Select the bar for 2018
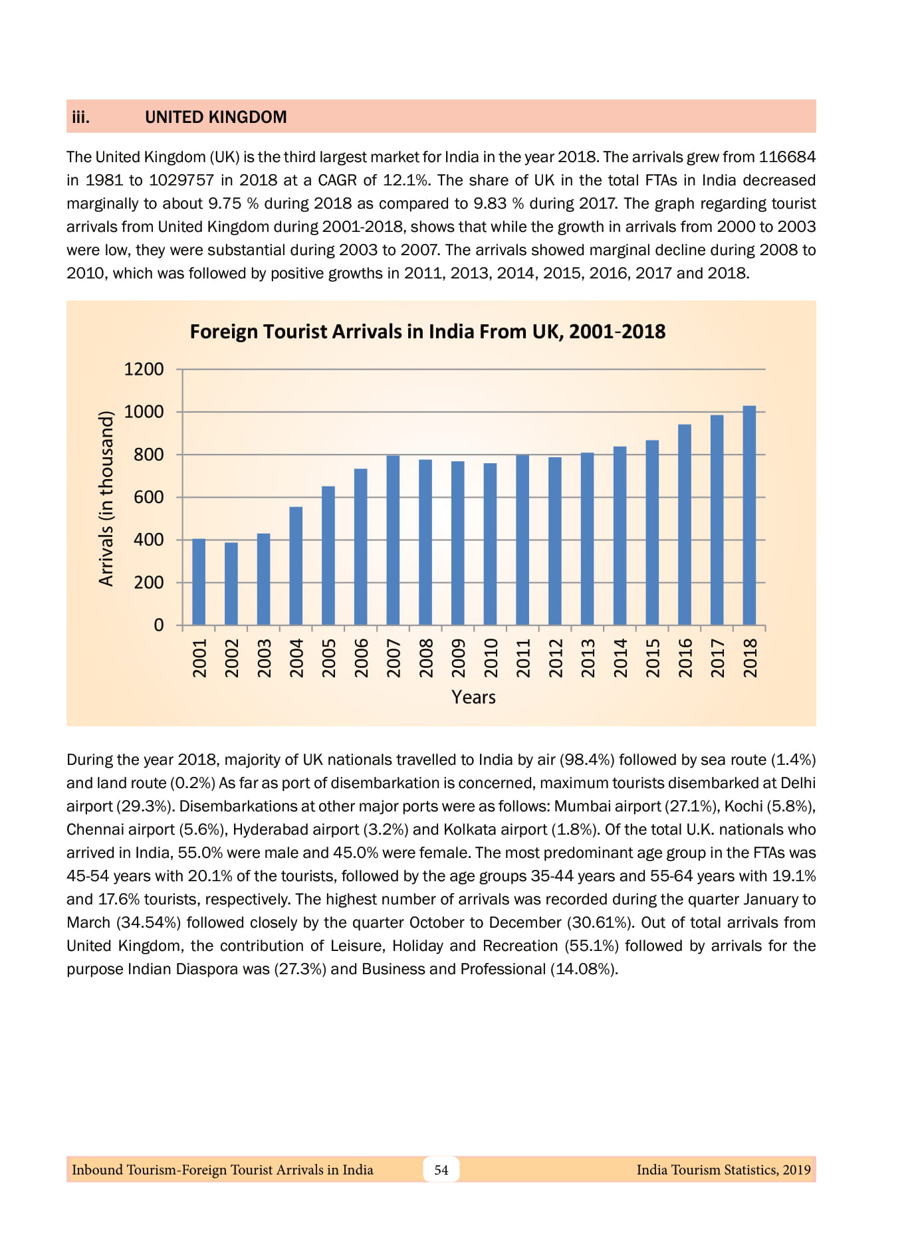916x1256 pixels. click(x=749, y=515)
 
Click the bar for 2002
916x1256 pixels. click(x=231, y=583)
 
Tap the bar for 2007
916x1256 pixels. click(x=393, y=540)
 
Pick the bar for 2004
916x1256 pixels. click(x=296, y=566)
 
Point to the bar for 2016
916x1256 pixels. click(x=685, y=524)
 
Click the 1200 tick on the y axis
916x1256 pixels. click(x=144, y=369)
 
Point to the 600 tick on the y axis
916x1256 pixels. click(x=148, y=497)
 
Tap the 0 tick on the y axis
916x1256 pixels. click(x=158, y=625)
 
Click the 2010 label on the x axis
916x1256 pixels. click(x=491, y=658)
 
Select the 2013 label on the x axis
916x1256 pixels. click(x=588, y=658)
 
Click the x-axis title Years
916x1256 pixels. click(x=473, y=697)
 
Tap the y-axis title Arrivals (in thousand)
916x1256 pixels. click(x=106, y=498)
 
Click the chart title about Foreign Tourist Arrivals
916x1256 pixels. click(x=427, y=332)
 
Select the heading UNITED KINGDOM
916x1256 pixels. click(x=216, y=117)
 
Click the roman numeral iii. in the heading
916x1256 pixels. click(x=80, y=117)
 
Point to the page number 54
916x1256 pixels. click(x=441, y=1170)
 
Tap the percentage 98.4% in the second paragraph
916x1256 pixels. click(x=586, y=760)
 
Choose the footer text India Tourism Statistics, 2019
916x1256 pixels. click(x=723, y=1170)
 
